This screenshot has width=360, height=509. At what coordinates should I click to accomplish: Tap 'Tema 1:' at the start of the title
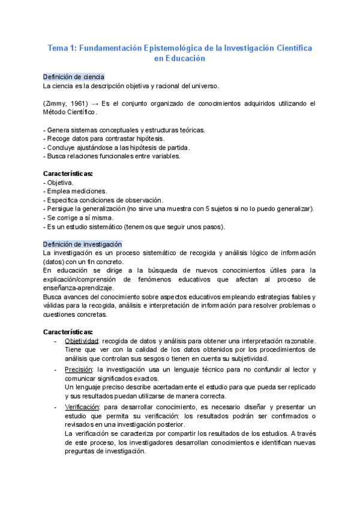click(x=62, y=47)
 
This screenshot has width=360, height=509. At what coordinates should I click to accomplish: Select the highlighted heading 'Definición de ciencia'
click(x=74, y=77)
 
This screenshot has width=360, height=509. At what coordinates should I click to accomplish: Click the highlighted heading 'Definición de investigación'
click(x=83, y=244)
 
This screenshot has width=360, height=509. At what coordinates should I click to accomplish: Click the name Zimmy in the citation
click(x=56, y=104)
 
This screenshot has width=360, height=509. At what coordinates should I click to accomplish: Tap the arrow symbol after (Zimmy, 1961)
click(x=94, y=104)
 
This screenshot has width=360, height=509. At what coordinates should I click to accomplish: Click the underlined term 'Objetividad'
click(x=82, y=341)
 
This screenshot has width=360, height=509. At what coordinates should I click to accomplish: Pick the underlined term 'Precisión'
click(x=79, y=369)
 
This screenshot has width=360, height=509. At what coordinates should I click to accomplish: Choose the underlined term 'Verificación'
click(x=82, y=406)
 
